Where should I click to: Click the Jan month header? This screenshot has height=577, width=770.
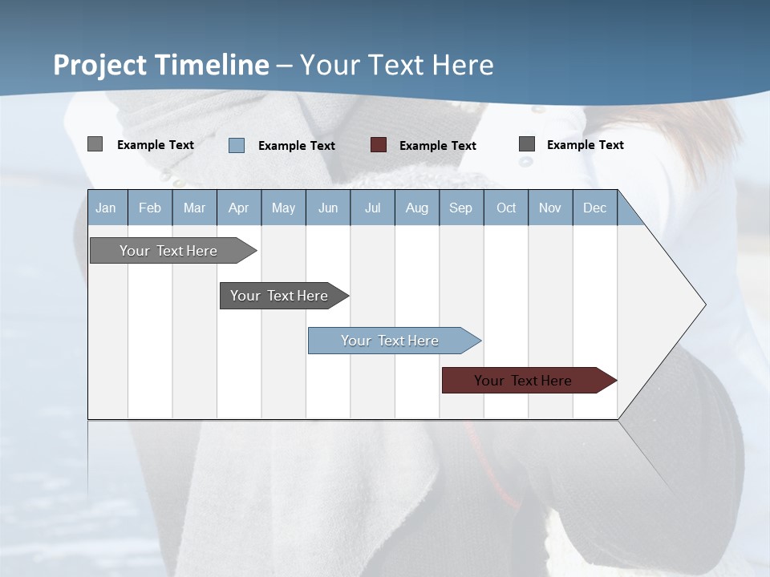click(x=106, y=208)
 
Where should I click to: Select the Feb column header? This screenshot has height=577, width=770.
click(x=150, y=208)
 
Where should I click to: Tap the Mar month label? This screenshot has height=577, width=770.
click(x=194, y=208)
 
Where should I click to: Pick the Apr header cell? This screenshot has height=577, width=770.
click(x=238, y=208)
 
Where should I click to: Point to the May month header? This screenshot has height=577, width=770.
click(x=283, y=208)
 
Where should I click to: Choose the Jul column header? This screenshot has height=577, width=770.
click(x=372, y=208)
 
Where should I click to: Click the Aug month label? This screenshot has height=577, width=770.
click(x=416, y=208)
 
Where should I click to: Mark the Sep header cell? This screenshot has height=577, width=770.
click(x=460, y=208)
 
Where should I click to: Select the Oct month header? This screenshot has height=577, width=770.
click(x=506, y=208)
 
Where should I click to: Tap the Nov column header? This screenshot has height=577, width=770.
click(x=550, y=208)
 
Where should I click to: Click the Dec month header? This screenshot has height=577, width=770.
click(x=594, y=208)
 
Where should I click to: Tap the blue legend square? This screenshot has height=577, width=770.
click(x=237, y=145)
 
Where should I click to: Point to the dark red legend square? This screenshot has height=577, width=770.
click(x=379, y=145)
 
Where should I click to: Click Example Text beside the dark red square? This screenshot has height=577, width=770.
click(x=437, y=146)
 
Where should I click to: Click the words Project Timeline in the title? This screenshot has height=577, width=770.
click(x=161, y=65)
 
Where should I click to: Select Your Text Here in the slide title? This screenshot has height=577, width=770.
click(x=397, y=65)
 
